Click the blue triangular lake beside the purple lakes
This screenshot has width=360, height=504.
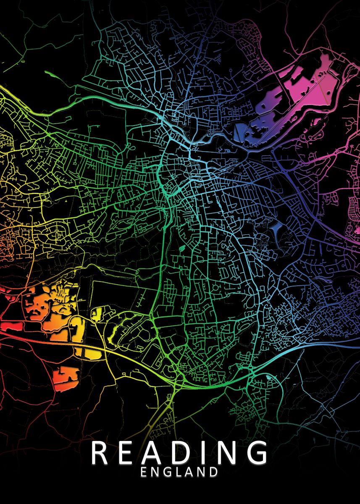240,131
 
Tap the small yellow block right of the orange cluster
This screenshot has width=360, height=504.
97,314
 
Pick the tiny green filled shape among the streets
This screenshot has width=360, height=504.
182,248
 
